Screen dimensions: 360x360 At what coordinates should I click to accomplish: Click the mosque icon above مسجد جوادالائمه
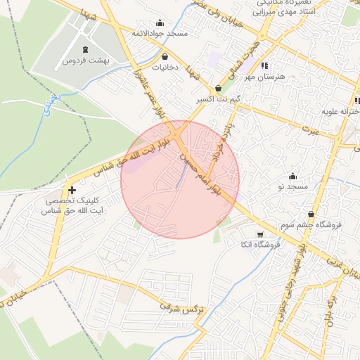coord(160,23)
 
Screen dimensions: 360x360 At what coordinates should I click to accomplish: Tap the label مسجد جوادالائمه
coord(160,33)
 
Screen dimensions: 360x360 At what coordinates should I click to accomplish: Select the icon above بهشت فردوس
coord(86,50)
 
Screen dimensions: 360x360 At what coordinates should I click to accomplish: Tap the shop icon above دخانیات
coord(165,57)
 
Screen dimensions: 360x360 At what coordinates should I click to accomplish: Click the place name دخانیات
coord(165,67)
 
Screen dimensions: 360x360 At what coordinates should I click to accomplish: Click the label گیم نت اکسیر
coord(219,99)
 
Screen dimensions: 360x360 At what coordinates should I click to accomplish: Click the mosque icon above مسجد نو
coord(293,176)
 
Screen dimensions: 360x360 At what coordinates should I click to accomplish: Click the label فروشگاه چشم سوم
coord(310,225)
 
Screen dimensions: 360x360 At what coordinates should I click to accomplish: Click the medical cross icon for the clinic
coord(72,190)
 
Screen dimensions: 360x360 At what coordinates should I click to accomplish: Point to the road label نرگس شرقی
coord(179,308)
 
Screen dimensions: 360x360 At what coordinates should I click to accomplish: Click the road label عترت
coord(311,131)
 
